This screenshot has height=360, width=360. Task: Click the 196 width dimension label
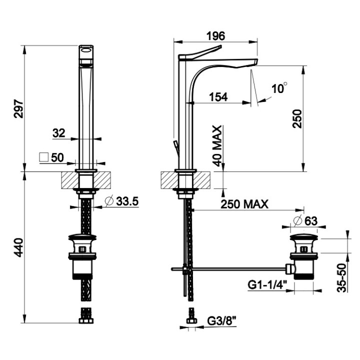(215, 36)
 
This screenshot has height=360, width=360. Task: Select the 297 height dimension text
(19, 108)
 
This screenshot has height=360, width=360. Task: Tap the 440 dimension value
(19, 247)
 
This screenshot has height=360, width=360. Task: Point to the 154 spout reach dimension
(218, 97)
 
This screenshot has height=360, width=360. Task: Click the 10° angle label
(279, 88)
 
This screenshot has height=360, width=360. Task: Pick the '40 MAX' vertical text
(217, 145)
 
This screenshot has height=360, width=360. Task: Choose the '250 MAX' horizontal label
(244, 204)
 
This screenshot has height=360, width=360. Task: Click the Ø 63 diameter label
(305, 221)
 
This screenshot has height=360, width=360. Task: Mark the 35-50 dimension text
(341, 278)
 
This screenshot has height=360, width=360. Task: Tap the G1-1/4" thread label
(267, 285)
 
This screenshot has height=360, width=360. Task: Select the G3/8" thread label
(222, 321)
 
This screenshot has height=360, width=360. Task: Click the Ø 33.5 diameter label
(121, 201)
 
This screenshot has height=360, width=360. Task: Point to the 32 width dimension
(59, 133)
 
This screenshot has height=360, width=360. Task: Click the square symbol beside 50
(44, 157)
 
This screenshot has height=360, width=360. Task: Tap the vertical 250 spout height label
(297, 118)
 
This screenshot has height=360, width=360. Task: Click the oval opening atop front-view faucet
(86, 50)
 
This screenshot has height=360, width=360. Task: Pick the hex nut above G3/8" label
(191, 320)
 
